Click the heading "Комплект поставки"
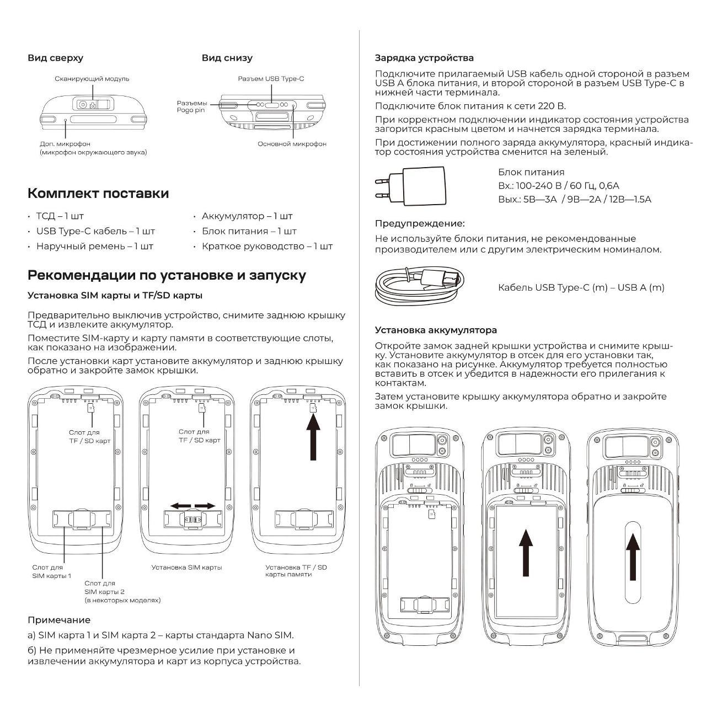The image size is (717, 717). (x=98, y=194)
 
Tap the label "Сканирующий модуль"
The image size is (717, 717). (x=92, y=79)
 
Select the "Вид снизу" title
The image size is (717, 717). (x=227, y=58)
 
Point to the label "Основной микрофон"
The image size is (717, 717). (x=292, y=144)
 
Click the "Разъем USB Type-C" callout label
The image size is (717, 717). (x=271, y=79)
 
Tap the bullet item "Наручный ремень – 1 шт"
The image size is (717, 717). (x=94, y=246)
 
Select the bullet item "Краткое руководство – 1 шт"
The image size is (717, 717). (x=267, y=246)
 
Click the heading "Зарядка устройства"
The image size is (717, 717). (x=424, y=58)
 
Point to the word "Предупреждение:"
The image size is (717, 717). (x=420, y=223)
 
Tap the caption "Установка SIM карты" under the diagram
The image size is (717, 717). (x=187, y=567)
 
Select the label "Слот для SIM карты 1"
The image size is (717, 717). (x=51, y=571)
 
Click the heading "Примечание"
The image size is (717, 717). (x=59, y=620)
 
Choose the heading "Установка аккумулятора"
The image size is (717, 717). (x=436, y=330)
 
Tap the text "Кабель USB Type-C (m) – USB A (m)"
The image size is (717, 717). (x=581, y=287)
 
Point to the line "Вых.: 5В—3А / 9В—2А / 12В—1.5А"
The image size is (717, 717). (x=574, y=199)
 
